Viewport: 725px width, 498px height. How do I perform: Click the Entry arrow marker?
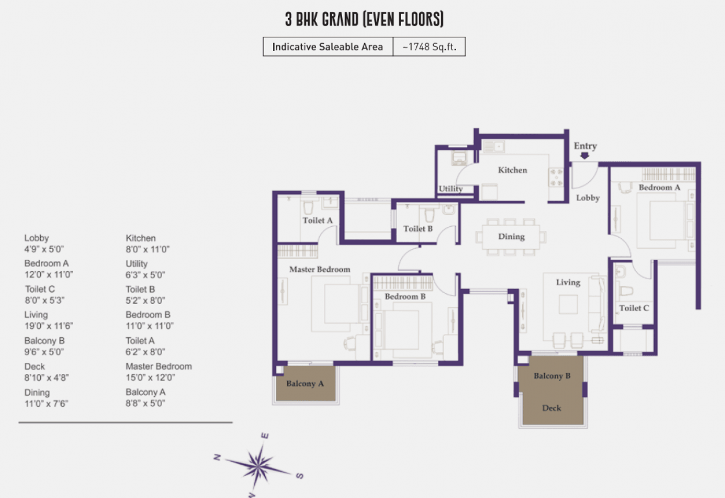click(585, 156)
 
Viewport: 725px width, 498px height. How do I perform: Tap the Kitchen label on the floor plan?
click(513, 170)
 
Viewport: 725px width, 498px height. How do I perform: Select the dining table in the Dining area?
click(511, 237)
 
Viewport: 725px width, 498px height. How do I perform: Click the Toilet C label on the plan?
click(634, 308)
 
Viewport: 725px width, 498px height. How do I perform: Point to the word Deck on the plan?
click(552, 408)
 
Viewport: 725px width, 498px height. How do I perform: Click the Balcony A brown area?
click(305, 384)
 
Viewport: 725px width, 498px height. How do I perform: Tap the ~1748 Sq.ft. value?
click(429, 47)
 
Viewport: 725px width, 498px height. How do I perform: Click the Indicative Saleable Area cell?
click(327, 47)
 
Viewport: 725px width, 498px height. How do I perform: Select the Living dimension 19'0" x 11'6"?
click(49, 326)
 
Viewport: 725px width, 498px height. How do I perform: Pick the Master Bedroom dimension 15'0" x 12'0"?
click(150, 377)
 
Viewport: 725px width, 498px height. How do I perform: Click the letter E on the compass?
click(265, 436)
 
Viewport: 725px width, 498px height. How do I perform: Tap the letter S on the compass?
click(300, 476)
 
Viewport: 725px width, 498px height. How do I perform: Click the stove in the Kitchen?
click(556, 178)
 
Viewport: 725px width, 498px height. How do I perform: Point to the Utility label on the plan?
click(450, 189)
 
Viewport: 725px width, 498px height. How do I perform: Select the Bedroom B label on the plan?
click(405, 297)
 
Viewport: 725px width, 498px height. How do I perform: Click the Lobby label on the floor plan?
click(588, 198)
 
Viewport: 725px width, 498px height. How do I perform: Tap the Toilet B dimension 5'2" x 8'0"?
click(146, 300)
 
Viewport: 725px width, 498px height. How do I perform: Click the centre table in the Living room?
click(568, 304)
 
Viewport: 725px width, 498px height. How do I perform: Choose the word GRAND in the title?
click(340, 19)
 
